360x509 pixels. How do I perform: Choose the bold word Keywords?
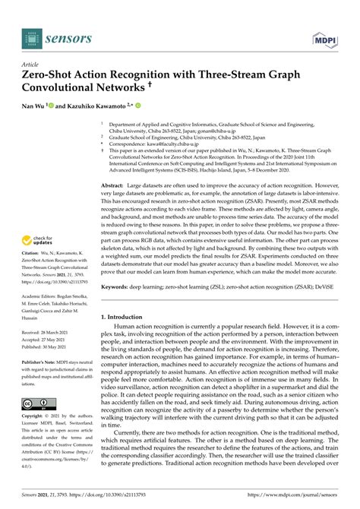coord(115,308)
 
